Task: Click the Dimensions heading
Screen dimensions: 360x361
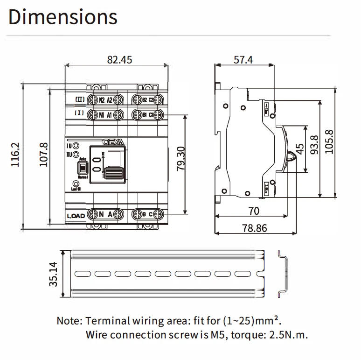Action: [x=62, y=17]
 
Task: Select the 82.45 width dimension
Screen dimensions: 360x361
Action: [x=120, y=60]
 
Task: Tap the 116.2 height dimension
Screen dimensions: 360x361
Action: [x=15, y=156]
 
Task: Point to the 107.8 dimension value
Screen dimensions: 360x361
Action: [x=43, y=156]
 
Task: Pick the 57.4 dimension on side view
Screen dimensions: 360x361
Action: [x=243, y=60]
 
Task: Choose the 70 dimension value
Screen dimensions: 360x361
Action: [x=253, y=211]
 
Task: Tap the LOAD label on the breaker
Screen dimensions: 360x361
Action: [x=76, y=215]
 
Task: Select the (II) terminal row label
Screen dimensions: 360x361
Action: [x=79, y=99]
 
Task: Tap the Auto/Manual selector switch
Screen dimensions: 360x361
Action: [x=82, y=169]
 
